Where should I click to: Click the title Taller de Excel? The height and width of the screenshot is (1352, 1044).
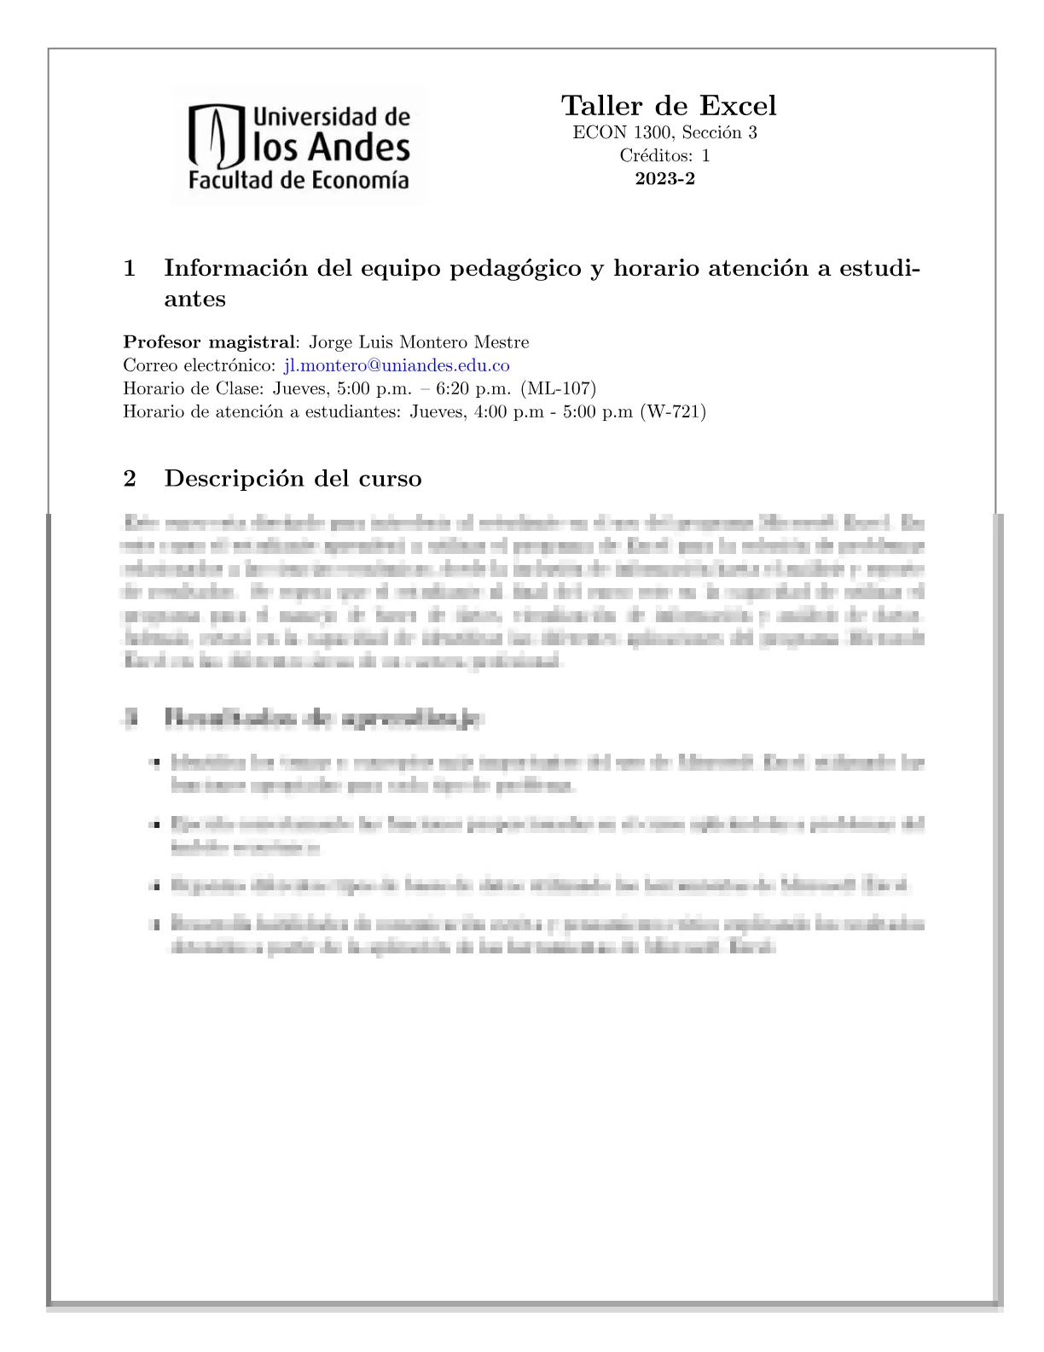click(669, 106)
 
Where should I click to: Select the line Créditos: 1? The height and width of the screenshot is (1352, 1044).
click(664, 155)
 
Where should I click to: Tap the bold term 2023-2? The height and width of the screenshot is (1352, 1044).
click(664, 178)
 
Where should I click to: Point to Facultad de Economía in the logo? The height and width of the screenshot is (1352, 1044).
click(299, 180)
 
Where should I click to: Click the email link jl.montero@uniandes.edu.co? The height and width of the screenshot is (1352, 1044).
click(397, 365)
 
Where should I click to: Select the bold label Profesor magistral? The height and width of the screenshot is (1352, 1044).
click(208, 342)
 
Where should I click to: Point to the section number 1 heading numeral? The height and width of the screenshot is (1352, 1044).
click(130, 268)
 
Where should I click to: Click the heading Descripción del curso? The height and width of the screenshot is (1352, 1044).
click(293, 478)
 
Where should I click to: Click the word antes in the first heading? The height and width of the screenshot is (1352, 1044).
click(194, 299)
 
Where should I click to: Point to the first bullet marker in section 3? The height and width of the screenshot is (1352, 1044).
click(154, 763)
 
